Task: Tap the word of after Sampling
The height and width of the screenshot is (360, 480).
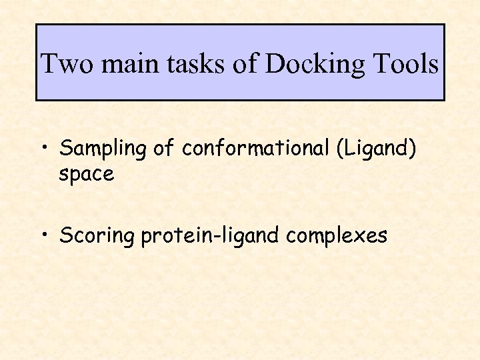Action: coord(163,148)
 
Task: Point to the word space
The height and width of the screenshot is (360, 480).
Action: coord(87,175)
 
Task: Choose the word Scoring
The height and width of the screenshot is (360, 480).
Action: coord(97,236)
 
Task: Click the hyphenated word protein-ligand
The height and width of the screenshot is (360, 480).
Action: coord(211,236)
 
